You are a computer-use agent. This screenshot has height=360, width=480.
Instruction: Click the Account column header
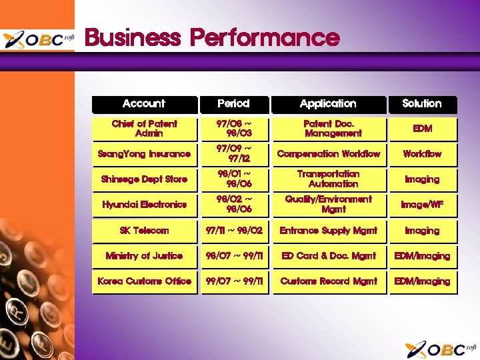point(144,104)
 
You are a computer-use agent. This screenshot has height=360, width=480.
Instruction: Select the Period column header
point(233,104)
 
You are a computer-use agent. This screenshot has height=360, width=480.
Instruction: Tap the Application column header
point(328,104)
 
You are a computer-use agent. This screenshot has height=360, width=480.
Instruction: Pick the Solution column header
point(421,104)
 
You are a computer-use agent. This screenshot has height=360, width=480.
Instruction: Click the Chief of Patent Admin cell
point(144,129)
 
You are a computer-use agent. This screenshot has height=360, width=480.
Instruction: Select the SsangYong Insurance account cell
point(144,154)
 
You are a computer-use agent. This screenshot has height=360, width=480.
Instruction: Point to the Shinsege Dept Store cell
point(144,179)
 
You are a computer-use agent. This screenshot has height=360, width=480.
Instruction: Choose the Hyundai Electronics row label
point(144,205)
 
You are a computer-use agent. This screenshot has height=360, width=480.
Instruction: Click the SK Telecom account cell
point(144,231)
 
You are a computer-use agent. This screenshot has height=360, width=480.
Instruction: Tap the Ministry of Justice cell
point(144,256)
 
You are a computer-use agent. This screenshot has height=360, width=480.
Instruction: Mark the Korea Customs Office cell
point(144,281)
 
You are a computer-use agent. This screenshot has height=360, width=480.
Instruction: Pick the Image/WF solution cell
point(421,205)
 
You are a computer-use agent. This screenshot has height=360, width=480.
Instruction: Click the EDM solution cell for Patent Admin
point(421,129)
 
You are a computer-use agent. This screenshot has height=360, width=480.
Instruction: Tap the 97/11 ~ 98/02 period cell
point(233,231)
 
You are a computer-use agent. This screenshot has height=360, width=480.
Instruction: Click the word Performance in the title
point(265,37)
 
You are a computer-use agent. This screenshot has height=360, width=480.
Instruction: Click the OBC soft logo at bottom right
point(440,349)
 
